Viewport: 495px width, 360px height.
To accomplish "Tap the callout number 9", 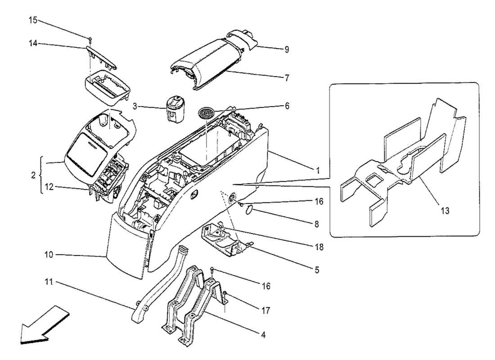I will point(286,50).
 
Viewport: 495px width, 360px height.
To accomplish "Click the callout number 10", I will point(48,255).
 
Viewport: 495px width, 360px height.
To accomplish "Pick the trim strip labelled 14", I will point(101,56).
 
